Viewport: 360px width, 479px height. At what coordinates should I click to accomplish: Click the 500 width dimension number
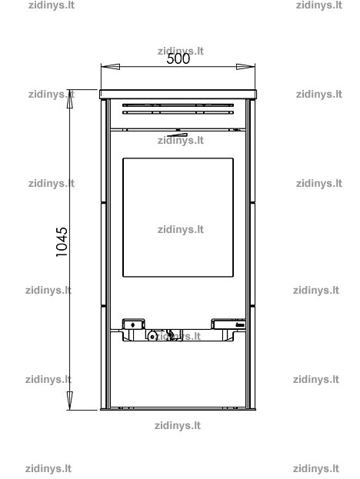(x=178, y=59)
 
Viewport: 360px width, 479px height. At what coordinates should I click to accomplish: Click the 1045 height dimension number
(x=62, y=242)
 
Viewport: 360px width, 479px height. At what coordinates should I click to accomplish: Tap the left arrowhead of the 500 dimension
(x=110, y=67)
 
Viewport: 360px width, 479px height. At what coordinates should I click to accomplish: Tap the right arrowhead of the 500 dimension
(x=245, y=67)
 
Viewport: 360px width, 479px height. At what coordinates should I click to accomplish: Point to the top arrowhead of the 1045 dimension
(x=70, y=99)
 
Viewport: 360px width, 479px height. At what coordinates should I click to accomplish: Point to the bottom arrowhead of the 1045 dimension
(x=70, y=401)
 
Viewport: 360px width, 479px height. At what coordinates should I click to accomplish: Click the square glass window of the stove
(x=178, y=218)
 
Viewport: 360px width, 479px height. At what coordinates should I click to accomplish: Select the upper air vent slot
(x=178, y=105)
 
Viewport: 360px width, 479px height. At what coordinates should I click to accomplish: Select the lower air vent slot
(x=178, y=112)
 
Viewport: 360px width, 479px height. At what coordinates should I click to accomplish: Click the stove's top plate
(x=178, y=94)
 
